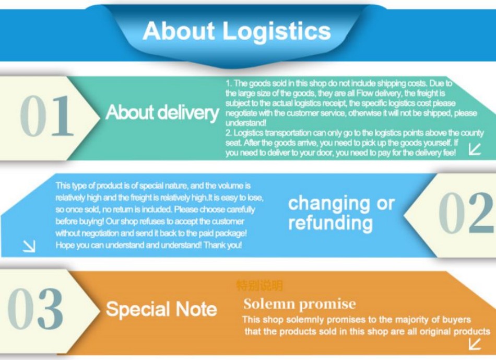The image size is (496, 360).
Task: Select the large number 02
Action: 465,214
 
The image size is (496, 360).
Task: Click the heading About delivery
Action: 162,112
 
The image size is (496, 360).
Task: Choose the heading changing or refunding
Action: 341,213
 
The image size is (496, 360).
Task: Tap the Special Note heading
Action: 161,309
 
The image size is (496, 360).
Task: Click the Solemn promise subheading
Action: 299,304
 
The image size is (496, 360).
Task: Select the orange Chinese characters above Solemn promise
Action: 259,286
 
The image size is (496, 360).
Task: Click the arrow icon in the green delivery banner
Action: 475,149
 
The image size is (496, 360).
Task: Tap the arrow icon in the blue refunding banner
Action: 29,246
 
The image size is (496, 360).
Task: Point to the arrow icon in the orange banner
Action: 475,343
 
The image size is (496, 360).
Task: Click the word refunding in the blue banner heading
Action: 330,224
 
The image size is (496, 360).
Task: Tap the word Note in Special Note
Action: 196,309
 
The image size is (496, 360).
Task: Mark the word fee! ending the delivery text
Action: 448,153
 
